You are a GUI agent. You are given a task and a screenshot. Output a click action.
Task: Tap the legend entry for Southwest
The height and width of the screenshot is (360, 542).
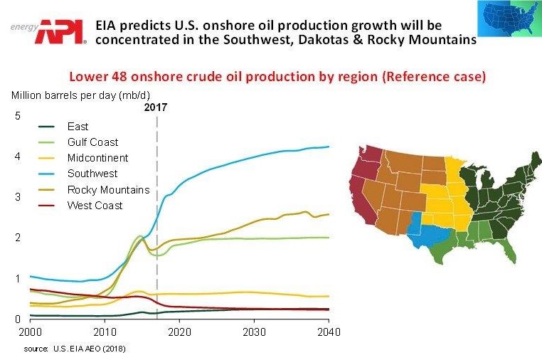[x=92, y=174]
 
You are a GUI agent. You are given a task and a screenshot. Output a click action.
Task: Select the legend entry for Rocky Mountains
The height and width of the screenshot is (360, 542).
[x=108, y=190]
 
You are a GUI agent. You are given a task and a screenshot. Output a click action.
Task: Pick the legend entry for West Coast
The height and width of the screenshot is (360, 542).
[x=95, y=206]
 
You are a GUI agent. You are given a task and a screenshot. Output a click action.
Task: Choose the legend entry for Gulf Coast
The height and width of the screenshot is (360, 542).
[x=92, y=142]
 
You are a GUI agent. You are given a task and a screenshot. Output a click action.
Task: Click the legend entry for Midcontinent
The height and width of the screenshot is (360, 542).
[x=97, y=158]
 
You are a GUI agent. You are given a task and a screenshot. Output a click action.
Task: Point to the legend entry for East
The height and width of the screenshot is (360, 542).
[x=78, y=127]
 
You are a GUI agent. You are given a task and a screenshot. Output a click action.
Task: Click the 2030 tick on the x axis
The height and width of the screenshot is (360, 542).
[x=254, y=332]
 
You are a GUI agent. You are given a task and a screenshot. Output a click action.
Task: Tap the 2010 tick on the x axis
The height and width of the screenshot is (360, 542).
[x=105, y=332]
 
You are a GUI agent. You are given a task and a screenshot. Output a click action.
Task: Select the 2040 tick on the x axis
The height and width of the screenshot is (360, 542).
[x=329, y=332]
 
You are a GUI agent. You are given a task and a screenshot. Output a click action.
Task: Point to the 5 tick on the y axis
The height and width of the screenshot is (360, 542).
[x=18, y=116]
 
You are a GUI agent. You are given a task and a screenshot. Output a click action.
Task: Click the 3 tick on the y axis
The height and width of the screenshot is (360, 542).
[x=18, y=197]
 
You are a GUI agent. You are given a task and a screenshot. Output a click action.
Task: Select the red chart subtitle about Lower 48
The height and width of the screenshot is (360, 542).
[x=277, y=77]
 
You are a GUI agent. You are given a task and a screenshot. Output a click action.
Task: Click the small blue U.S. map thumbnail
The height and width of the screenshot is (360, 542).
[x=509, y=23]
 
